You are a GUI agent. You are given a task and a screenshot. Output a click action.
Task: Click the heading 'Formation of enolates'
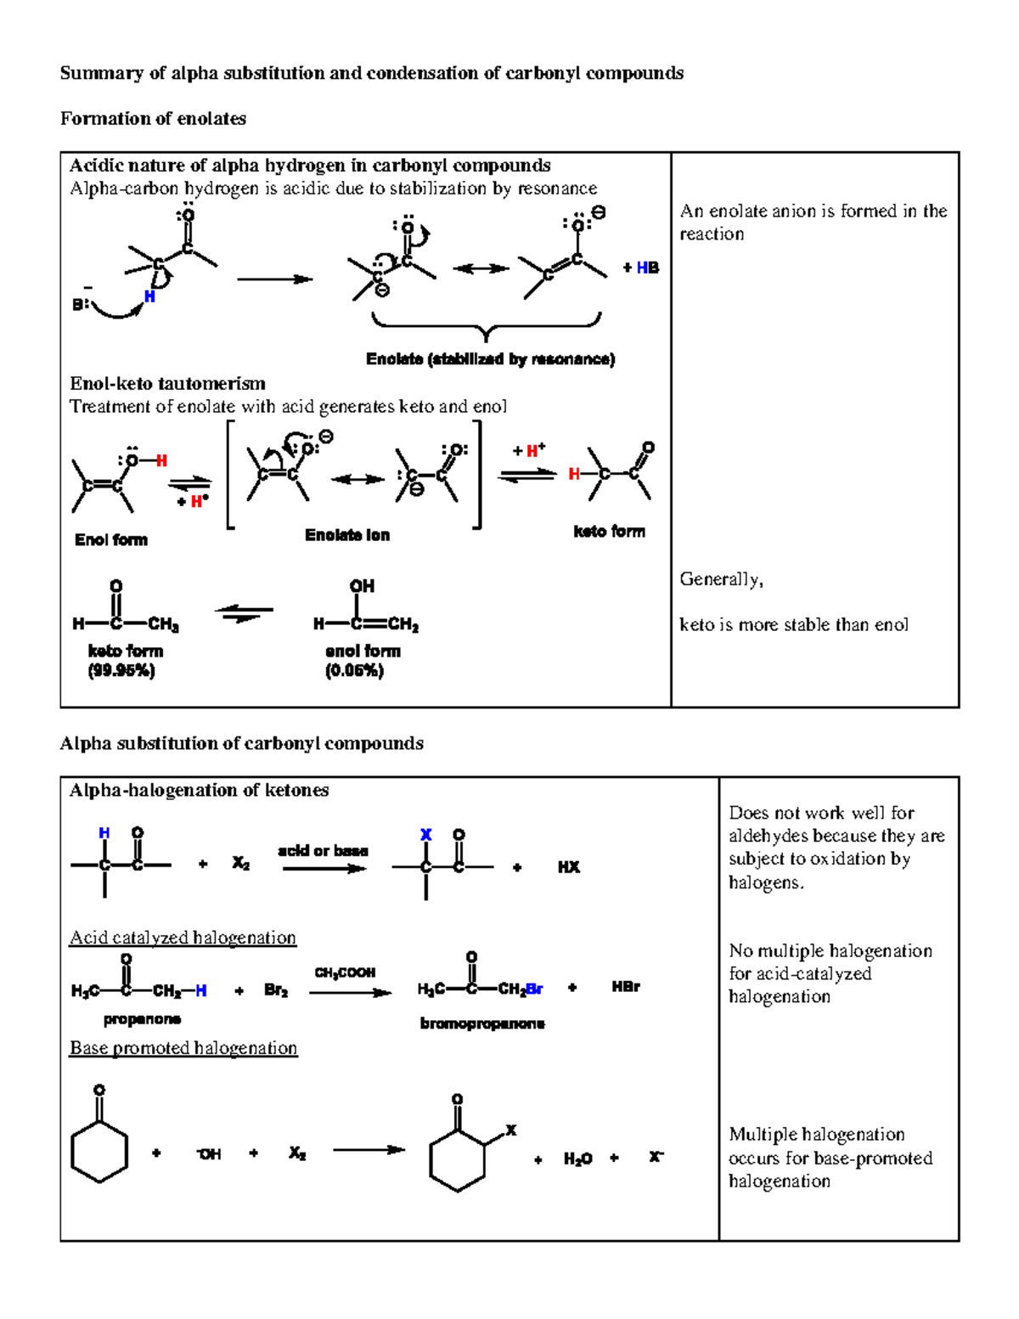(x=153, y=119)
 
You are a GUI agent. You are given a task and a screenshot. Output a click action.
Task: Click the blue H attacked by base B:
(x=149, y=296)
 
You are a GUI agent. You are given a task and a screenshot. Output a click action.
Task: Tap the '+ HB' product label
(x=641, y=268)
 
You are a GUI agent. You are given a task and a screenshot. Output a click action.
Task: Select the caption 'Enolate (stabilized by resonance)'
(x=490, y=359)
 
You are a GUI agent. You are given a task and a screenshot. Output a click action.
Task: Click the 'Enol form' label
(x=111, y=540)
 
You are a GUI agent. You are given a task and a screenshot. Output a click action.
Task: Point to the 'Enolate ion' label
(x=347, y=535)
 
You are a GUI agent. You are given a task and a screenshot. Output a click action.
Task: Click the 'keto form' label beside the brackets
(x=609, y=532)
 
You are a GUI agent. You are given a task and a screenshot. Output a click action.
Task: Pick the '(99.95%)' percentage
(x=121, y=671)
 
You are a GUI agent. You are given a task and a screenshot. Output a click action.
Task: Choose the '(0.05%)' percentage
(x=354, y=671)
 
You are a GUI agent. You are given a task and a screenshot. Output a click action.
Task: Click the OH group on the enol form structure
(x=362, y=587)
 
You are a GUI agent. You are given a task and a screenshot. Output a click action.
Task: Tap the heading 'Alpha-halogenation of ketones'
(x=199, y=791)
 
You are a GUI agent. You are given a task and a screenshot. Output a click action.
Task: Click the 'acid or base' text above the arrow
(x=323, y=851)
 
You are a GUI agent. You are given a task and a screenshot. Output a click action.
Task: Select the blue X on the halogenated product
(x=425, y=835)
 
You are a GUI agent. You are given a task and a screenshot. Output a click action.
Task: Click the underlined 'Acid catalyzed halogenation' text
(x=183, y=938)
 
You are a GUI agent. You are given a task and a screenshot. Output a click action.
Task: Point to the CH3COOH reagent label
(x=345, y=972)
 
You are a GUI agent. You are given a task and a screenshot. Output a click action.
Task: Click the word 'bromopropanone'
(x=482, y=1024)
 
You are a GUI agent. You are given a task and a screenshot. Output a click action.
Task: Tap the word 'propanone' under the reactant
(x=142, y=1019)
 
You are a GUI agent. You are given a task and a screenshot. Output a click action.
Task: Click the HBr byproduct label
(x=626, y=987)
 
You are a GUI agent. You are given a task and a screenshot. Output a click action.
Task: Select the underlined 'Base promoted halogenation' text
(x=183, y=1048)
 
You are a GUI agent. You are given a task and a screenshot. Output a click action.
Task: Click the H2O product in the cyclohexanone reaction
(x=577, y=1159)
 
